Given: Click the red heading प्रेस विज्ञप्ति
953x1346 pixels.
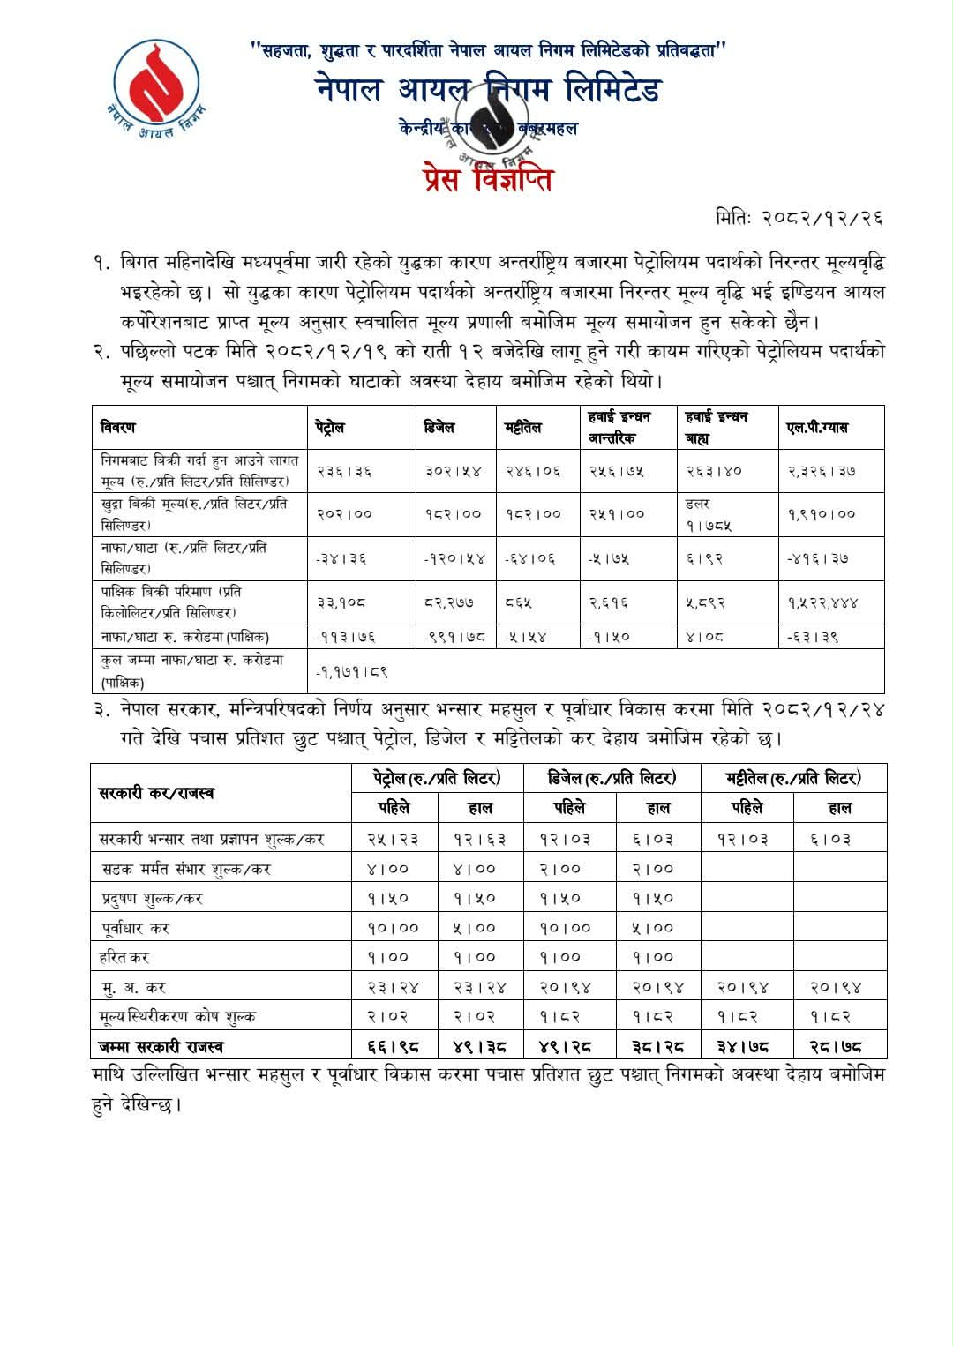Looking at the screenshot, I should [x=487, y=179].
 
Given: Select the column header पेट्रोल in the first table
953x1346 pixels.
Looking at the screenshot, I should [x=329, y=428].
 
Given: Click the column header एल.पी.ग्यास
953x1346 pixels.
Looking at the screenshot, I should [x=817, y=428].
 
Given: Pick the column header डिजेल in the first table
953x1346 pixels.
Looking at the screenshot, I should [x=439, y=428].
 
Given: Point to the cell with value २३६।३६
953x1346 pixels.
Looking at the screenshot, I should [x=343, y=471].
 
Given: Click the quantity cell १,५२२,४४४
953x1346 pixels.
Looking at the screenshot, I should [x=823, y=603].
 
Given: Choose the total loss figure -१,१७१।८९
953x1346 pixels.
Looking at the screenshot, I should [x=352, y=672].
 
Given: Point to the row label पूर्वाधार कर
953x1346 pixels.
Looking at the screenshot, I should [x=134, y=928].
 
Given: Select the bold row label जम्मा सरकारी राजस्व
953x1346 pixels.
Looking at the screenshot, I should [x=161, y=1047].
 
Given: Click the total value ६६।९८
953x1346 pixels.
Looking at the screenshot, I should [x=393, y=1047].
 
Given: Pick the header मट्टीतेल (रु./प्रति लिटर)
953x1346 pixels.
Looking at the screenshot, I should [x=793, y=778].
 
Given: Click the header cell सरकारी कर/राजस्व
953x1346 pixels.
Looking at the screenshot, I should [x=156, y=793].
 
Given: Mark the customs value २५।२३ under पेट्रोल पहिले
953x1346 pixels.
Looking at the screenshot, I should [x=393, y=839].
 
